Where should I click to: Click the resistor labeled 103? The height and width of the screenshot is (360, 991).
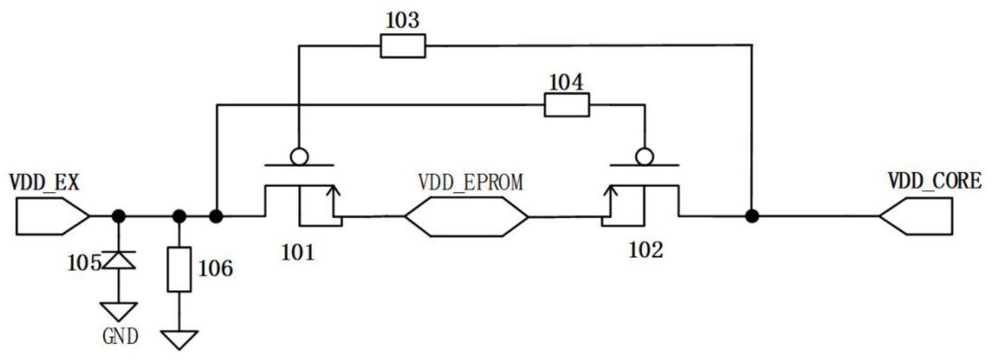click(x=402, y=46)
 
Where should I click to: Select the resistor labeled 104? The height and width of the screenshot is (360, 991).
click(x=566, y=105)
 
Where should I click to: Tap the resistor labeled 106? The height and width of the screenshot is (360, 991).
click(x=179, y=268)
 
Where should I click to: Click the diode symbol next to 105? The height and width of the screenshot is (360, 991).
click(x=119, y=260)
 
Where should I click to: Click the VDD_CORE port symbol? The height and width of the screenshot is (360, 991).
click(x=916, y=216)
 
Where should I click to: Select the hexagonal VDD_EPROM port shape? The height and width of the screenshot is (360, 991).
click(x=466, y=217)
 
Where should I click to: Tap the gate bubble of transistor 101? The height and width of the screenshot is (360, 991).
click(x=299, y=157)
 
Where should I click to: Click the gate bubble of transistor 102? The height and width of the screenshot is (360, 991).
click(x=645, y=157)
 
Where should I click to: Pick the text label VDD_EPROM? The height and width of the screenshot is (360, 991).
click(x=470, y=183)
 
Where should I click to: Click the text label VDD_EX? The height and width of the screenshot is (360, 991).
click(x=44, y=182)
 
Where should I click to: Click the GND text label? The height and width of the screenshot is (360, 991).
click(x=120, y=335)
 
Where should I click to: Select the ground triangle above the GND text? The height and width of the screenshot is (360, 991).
click(x=119, y=311)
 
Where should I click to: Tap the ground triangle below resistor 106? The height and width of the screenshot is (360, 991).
click(x=179, y=338)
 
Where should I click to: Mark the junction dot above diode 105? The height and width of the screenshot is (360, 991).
click(x=119, y=216)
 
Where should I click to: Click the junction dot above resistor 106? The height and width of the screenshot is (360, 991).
click(x=179, y=216)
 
